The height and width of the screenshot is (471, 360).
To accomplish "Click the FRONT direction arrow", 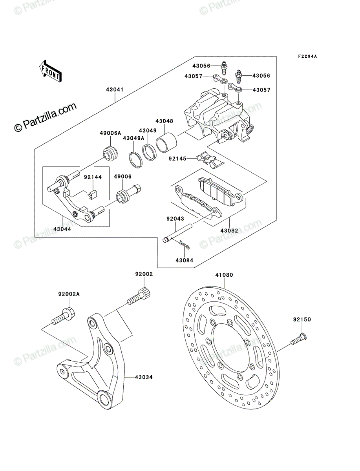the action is tap(50, 71).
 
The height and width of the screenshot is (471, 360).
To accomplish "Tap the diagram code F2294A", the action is tap(307, 57).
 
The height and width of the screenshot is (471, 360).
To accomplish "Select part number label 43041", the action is tap(115, 89).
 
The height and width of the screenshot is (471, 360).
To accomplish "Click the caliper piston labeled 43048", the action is tap(166, 142).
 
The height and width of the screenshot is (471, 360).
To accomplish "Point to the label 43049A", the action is tap(133, 139).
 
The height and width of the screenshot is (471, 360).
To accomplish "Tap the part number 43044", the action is tap(62, 229).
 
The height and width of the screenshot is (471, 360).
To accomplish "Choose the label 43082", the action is tap(229, 231).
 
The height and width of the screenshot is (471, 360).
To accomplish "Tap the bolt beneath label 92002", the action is tap(139, 296).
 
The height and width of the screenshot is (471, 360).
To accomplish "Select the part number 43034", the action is tap(144, 377).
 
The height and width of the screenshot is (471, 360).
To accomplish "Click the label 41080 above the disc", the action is tap(224, 275).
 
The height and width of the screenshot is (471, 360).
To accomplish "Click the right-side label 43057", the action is tap(261, 90).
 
